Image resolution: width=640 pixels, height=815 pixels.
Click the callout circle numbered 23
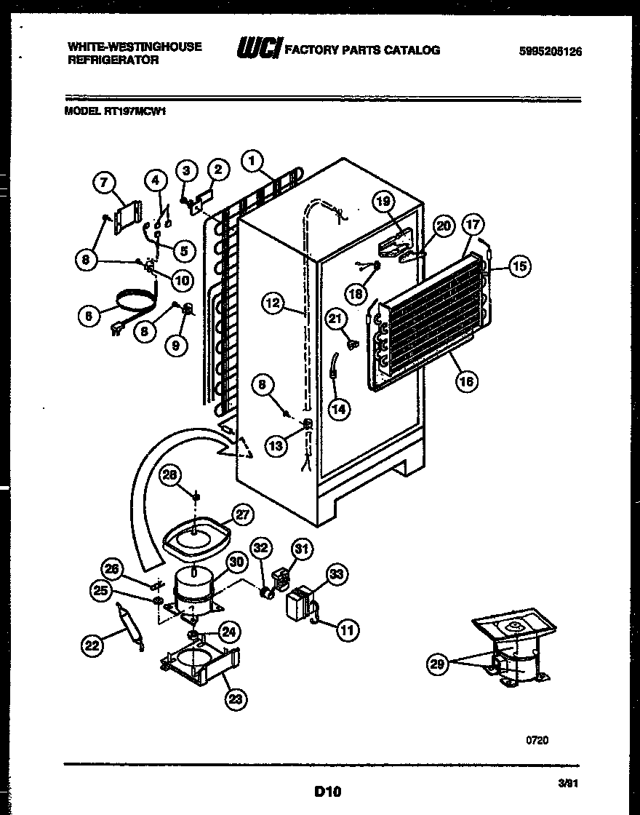tap(236, 699)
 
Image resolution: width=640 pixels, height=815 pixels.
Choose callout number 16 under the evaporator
tap(468, 379)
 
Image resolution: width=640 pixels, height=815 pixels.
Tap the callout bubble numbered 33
tap(335, 576)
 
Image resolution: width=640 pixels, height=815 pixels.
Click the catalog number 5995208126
tap(551, 52)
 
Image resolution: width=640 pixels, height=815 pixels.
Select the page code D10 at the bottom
tap(327, 790)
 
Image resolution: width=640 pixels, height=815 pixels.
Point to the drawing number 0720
tap(537, 739)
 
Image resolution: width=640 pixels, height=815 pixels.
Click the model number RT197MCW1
tap(116, 112)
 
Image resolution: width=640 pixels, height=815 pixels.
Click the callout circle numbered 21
tap(335, 318)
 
